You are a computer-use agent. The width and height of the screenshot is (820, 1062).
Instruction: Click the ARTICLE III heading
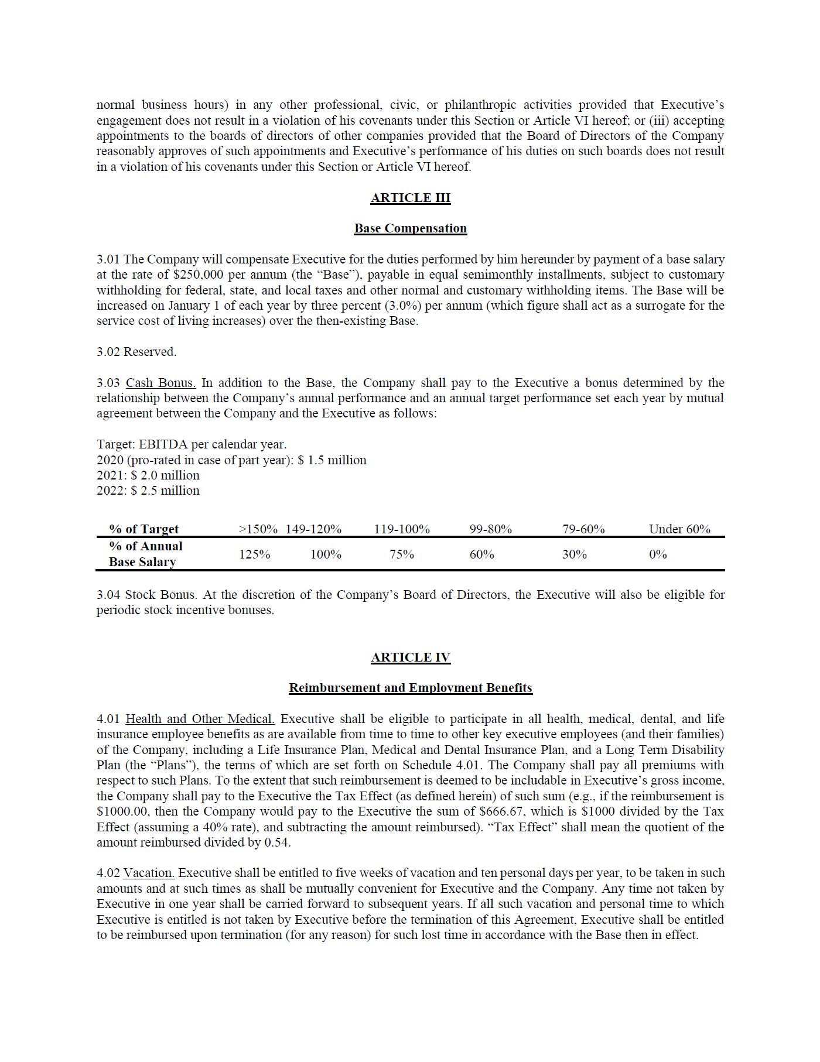(x=410, y=198)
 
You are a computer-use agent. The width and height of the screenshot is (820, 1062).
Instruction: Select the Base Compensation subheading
(x=410, y=228)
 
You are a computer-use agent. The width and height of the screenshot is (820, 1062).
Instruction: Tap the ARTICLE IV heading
(x=410, y=657)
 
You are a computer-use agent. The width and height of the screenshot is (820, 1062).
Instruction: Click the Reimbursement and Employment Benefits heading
(x=410, y=688)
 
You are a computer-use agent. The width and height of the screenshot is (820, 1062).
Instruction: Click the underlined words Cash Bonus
(x=160, y=383)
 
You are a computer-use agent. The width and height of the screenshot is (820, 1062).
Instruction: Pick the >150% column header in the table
(x=258, y=529)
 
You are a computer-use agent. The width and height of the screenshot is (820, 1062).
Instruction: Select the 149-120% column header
(x=313, y=529)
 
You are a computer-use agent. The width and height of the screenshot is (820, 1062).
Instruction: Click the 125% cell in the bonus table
(x=254, y=554)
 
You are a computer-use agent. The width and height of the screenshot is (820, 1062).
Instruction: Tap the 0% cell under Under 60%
(x=658, y=554)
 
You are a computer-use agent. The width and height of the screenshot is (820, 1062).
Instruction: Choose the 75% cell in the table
(x=402, y=554)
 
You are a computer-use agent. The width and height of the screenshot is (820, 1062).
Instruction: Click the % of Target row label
(x=143, y=529)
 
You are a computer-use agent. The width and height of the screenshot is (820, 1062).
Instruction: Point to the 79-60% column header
(x=583, y=529)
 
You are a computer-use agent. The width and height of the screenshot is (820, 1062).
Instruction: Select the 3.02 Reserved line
(x=136, y=352)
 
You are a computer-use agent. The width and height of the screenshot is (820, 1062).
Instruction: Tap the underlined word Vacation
(x=149, y=873)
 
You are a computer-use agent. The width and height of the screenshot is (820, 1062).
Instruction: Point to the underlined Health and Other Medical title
(x=200, y=719)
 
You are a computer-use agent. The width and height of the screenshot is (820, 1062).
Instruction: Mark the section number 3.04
(x=108, y=595)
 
